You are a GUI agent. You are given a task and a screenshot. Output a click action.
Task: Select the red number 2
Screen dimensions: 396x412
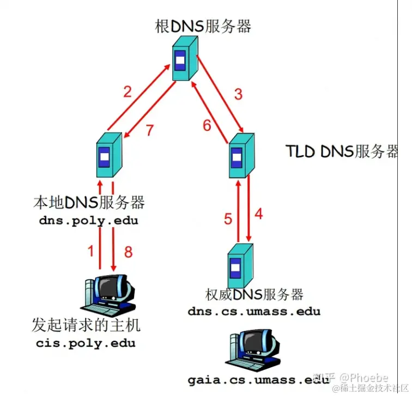[x=127, y=91]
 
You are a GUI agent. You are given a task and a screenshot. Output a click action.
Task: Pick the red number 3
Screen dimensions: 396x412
[x=238, y=94]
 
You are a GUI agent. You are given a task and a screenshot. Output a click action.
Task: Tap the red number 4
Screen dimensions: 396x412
[x=258, y=214]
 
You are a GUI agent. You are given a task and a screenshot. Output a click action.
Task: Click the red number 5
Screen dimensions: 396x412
[x=228, y=220]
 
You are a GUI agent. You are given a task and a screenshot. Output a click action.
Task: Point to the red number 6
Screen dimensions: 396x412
[x=207, y=126]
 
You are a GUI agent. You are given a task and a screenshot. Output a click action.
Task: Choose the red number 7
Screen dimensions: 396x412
[x=150, y=130]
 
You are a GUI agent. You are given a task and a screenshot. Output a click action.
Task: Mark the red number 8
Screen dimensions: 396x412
[x=128, y=252]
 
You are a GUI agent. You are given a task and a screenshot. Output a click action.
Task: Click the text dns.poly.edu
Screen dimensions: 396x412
[x=88, y=221]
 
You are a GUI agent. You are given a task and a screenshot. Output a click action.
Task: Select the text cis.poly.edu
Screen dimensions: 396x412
[x=86, y=343]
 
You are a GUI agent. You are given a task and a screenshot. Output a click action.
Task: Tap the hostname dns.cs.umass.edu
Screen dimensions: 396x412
[x=254, y=312]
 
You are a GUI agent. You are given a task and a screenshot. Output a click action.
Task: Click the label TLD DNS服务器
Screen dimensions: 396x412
[x=342, y=151]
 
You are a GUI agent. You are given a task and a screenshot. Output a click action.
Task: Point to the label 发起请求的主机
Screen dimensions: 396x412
[x=86, y=326]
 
